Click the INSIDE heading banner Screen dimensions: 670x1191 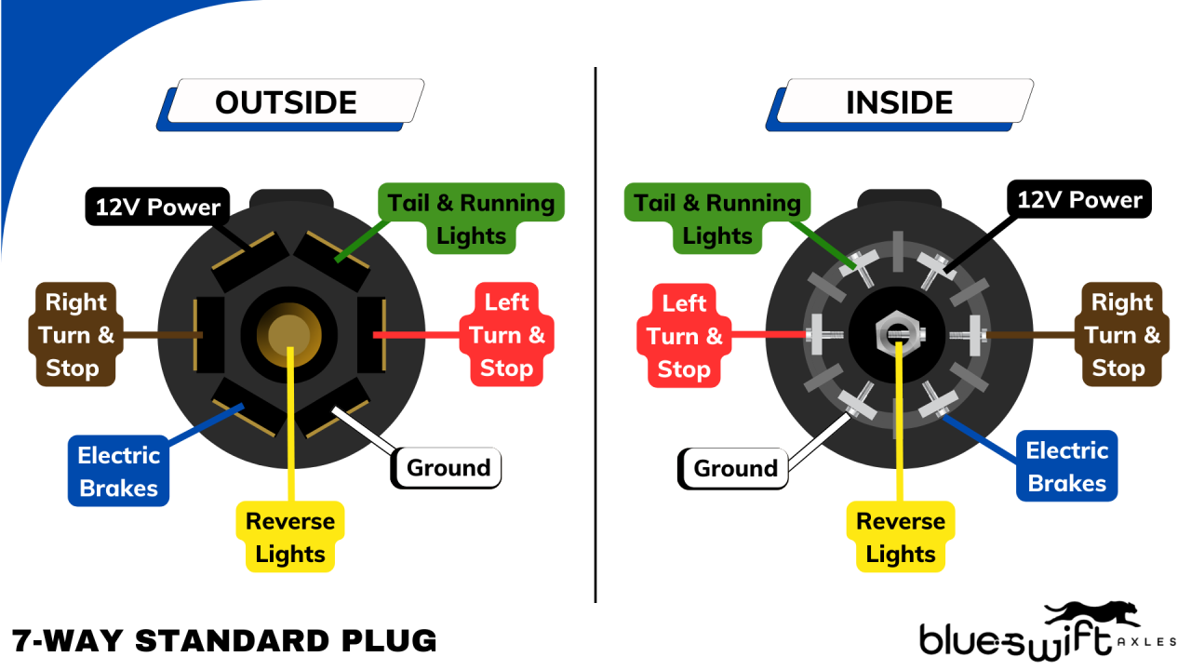click(899, 102)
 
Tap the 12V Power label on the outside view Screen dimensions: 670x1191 click(157, 207)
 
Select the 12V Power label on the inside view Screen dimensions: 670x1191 click(1079, 200)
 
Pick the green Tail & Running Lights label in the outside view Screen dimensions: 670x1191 click(471, 219)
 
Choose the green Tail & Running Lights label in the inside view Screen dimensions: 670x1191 click(716, 219)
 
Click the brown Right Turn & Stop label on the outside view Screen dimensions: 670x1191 click(76, 335)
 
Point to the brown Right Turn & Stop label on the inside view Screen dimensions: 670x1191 click(1122, 335)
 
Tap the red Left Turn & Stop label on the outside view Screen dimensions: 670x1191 click(506, 335)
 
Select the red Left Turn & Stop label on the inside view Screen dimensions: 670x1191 click(684, 336)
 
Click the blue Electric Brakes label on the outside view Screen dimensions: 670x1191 click(118, 472)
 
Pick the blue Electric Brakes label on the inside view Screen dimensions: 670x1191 click(1066, 466)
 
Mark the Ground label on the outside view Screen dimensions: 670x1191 click(448, 467)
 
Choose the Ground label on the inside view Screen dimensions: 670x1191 click(734, 468)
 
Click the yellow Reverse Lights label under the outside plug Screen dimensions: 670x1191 click(290, 537)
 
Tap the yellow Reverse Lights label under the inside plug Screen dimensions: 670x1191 click(900, 537)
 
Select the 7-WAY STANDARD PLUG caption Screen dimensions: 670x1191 click(224, 640)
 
